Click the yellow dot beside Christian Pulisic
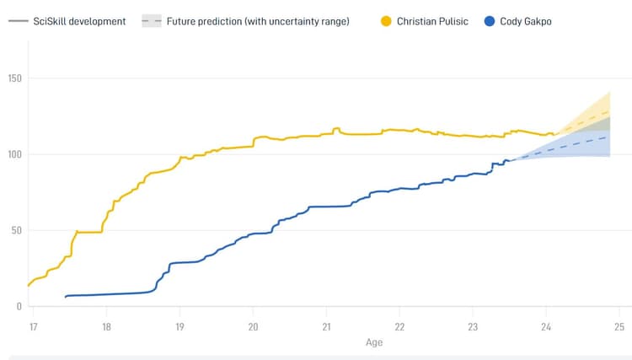[385, 20]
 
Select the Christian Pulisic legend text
[431, 20]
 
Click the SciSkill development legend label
[81, 20]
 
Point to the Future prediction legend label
[257, 20]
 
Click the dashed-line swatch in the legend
[152, 20]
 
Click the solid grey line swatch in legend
[18, 20]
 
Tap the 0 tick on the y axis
[19, 306]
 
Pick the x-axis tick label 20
[253, 327]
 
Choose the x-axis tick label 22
[399, 327]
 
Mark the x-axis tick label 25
[619, 327]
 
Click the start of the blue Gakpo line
[65, 297]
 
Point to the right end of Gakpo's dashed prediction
[610, 137]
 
